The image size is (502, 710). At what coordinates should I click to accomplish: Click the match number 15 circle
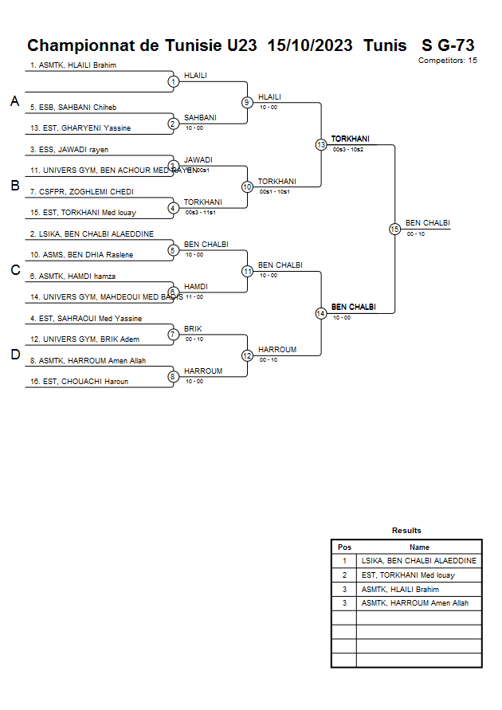[394, 229]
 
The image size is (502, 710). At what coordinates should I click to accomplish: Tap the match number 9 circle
[247, 102]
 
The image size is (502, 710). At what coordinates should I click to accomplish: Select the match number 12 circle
[247, 355]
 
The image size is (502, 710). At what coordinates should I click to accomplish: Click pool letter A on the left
[14, 101]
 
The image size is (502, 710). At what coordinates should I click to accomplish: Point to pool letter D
[14, 355]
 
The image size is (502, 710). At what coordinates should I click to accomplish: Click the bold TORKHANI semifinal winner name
[351, 139]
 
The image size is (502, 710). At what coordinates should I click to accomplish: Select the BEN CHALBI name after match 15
[428, 223]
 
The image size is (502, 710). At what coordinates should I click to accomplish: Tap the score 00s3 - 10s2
[348, 150]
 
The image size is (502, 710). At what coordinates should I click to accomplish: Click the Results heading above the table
[406, 531]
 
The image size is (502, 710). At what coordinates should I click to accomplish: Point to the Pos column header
[344, 547]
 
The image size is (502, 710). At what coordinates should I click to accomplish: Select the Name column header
[419, 547]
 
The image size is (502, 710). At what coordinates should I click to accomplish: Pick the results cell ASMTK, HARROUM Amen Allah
[414, 603]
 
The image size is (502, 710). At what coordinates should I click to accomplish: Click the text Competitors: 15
[448, 61]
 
